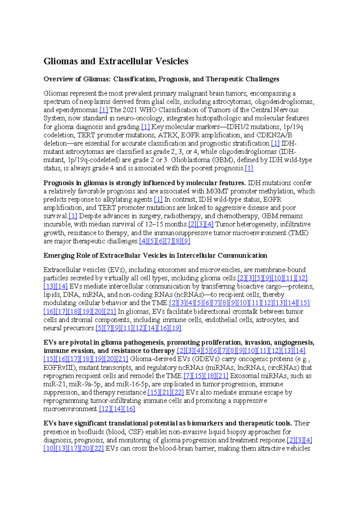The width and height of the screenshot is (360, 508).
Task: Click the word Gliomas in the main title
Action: pyautogui.click(x=61, y=61)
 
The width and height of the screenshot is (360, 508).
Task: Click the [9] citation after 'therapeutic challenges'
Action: pyautogui.click(x=186, y=241)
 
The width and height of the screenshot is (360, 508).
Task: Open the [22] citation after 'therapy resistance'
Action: pyautogui.click(x=178, y=392)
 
